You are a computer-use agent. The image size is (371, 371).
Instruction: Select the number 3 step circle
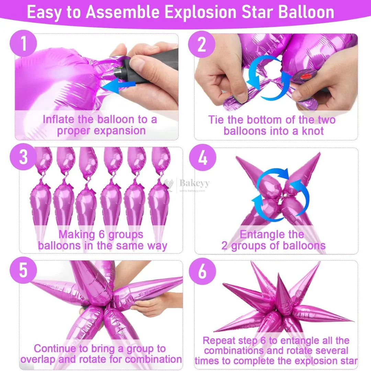click(x=23, y=157)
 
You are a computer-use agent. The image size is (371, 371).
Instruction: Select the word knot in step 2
click(x=312, y=131)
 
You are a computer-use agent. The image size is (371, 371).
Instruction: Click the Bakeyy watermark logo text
click(x=194, y=183)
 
